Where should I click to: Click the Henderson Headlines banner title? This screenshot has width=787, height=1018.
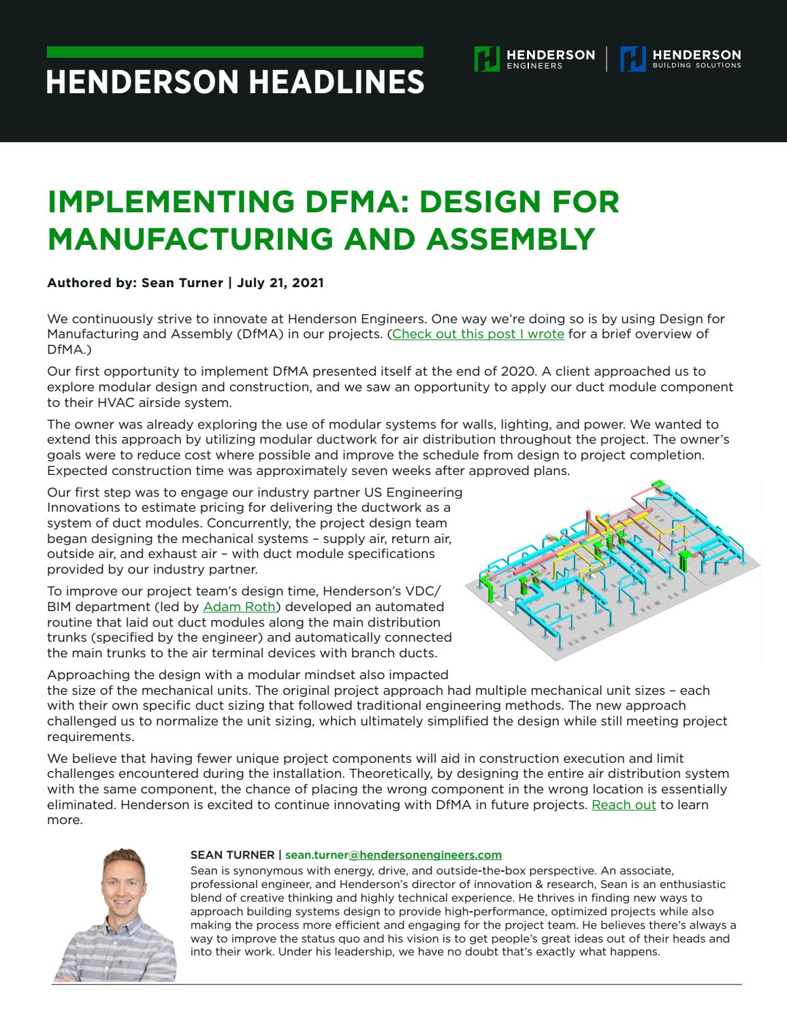click(235, 82)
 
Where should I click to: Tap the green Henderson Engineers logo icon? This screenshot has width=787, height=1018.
click(487, 59)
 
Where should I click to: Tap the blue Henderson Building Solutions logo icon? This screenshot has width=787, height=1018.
click(632, 59)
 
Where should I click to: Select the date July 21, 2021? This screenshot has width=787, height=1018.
click(280, 283)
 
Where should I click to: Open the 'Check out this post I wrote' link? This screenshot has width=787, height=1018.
click(478, 334)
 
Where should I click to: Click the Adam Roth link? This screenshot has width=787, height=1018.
click(240, 607)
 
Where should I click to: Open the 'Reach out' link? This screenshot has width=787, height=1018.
click(624, 805)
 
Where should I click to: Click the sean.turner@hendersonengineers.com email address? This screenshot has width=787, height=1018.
click(394, 855)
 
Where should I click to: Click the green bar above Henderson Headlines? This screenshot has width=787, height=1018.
click(235, 52)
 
